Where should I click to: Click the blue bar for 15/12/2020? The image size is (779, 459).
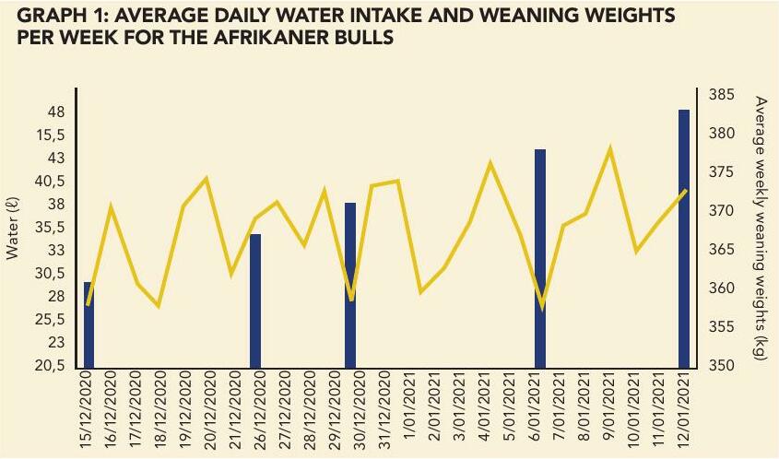coord(89,324)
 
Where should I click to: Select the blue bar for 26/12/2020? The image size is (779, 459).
coord(255,300)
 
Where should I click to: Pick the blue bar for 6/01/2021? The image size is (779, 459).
coord(540,258)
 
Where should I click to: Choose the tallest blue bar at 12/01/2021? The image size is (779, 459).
coord(684,238)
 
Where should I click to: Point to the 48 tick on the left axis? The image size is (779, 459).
coord(55,112)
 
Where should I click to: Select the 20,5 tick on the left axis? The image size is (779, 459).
coord(51,366)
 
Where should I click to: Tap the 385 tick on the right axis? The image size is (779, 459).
coord(721,95)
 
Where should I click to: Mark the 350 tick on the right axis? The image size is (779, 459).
coord(721,366)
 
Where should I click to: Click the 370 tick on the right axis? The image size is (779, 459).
coord(721,211)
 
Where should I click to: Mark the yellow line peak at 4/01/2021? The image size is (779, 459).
coord(490,164)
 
